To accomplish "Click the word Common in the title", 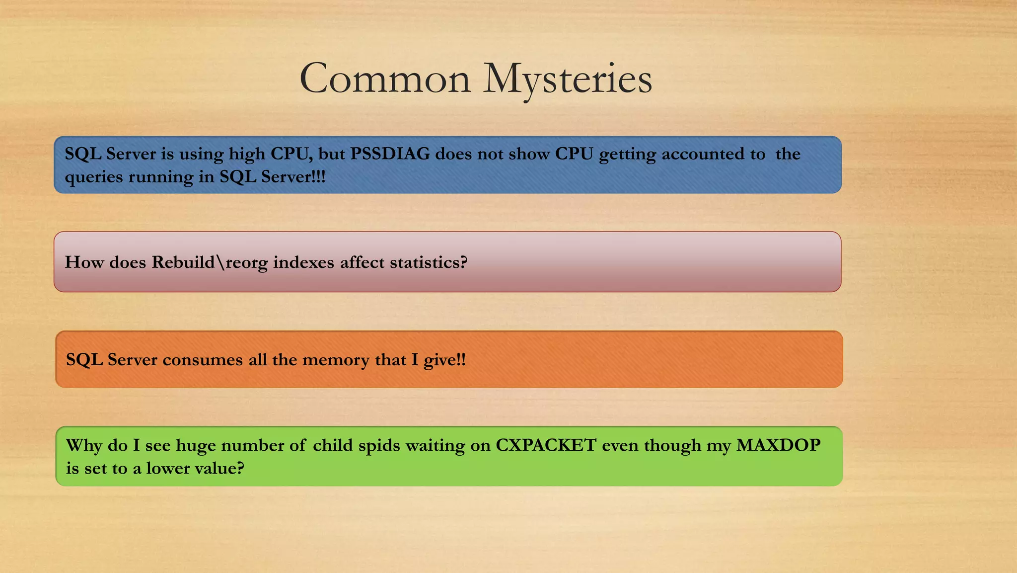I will (x=385, y=79).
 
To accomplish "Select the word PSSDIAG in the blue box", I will (x=390, y=154).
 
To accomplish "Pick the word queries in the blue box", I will (x=93, y=177).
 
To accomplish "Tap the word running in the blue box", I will (x=161, y=177).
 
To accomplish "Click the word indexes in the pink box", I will (x=303, y=262).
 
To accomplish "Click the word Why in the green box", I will (x=83, y=445).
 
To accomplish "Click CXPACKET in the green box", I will (x=546, y=445).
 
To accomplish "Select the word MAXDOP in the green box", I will (x=778, y=445).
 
